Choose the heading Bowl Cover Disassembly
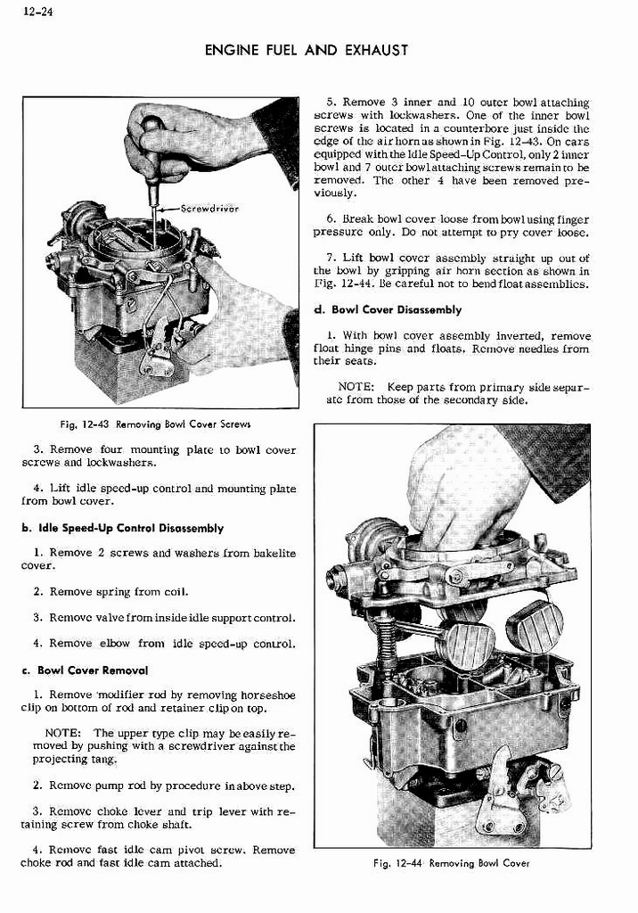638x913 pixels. coord(396,309)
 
